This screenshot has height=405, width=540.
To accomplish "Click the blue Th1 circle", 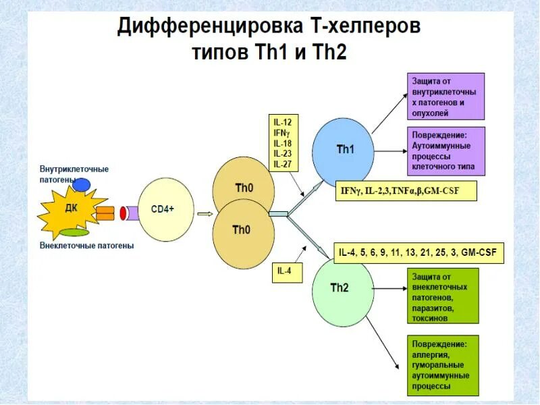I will tap(343, 149).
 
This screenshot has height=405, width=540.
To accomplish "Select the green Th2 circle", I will tap(342, 288).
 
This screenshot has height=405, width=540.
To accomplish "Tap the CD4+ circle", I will tap(165, 209).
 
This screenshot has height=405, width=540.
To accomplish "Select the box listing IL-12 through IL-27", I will tap(286, 142).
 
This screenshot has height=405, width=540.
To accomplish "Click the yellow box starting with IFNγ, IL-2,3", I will tap(406, 191).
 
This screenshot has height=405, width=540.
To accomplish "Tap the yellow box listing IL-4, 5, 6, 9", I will tap(418, 253).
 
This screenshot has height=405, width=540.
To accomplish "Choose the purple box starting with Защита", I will tap(444, 96).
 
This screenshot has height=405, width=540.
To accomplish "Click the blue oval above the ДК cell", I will tap(82, 184).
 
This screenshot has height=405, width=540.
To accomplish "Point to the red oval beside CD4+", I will tap(124, 213).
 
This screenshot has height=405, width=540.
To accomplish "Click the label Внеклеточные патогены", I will tap(86, 246).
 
